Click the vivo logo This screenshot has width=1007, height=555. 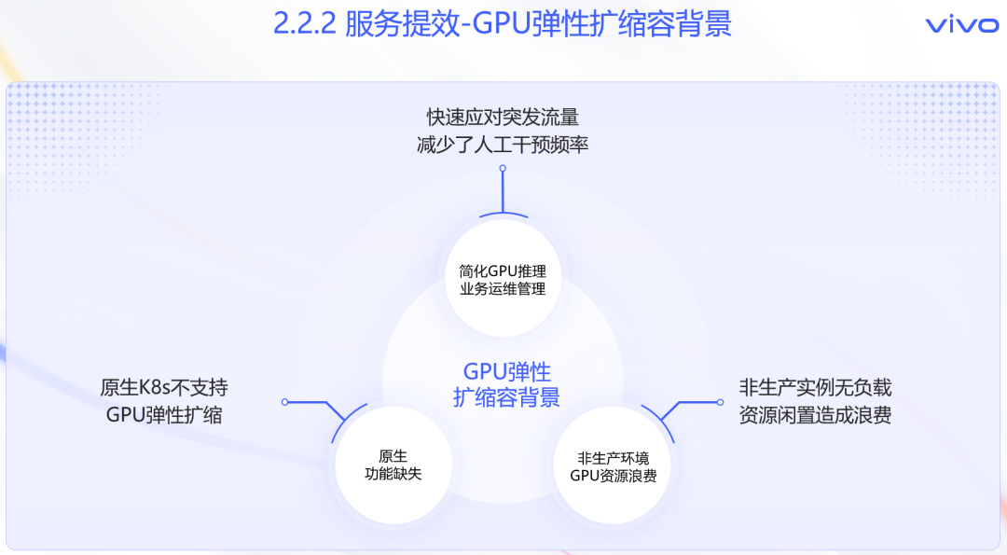coord(961,25)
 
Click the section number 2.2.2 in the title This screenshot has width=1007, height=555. coord(304,24)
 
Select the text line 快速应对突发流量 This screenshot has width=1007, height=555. coord(503,118)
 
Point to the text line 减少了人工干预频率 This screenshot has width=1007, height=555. coord(503,146)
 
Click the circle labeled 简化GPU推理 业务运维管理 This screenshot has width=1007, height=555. coord(503,279)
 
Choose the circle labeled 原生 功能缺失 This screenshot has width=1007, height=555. coord(393,465)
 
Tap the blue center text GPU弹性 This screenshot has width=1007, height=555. coord(506,370)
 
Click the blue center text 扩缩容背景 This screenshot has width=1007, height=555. coord(506,397)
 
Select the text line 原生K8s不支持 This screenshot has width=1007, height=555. coord(164,387)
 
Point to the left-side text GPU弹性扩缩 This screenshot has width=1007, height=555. coord(164,415)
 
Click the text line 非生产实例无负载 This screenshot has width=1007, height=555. coord(815,387)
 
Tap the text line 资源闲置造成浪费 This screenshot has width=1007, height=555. coord(815,415)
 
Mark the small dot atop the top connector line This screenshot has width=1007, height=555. coord(503,169)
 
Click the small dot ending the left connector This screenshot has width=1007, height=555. coord(285,402)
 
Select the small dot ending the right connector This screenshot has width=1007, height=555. coord(720,402)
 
